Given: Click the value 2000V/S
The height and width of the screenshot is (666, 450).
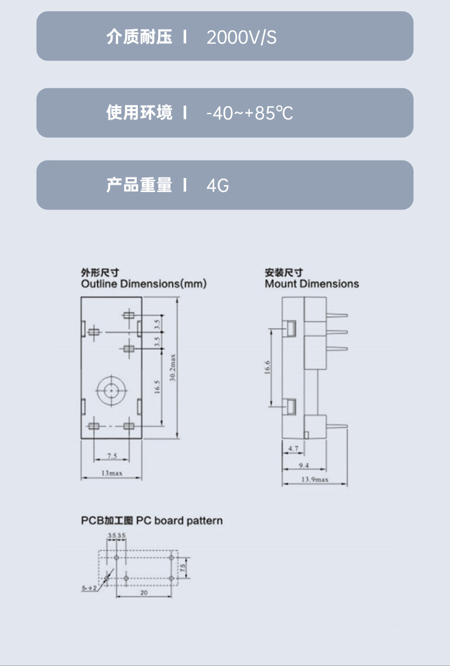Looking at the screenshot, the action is (x=241, y=38).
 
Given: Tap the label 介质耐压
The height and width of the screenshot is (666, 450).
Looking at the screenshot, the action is (x=139, y=38).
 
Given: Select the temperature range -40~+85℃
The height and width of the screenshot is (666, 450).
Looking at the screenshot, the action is (x=250, y=113).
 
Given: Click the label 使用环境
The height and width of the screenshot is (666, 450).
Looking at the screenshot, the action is (x=139, y=112).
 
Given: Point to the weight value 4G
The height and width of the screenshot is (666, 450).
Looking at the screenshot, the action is (x=218, y=185).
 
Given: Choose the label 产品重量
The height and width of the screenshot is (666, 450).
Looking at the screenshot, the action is (x=139, y=185).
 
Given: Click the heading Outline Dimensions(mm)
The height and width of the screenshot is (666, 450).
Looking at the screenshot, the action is (x=143, y=284).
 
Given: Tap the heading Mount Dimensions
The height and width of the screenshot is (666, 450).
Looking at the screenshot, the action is (x=312, y=284).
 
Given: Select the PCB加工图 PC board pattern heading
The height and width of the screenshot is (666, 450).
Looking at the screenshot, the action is (x=151, y=521).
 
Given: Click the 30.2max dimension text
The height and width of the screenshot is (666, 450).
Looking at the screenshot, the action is (x=173, y=368).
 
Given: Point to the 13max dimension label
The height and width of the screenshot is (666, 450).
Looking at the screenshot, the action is (x=111, y=473).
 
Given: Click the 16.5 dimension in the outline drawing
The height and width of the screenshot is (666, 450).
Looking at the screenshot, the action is (x=157, y=387).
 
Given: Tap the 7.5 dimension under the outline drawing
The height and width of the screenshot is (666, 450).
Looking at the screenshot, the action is (x=112, y=456).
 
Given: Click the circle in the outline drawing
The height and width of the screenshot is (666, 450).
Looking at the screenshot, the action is (x=111, y=389).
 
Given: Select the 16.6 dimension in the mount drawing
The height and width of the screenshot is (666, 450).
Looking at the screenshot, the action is (x=268, y=366).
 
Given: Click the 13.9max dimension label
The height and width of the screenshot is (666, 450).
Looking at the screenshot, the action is (x=315, y=480).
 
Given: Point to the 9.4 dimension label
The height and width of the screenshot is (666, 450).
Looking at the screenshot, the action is (x=304, y=465).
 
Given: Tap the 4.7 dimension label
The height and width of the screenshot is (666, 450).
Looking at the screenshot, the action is (x=293, y=449).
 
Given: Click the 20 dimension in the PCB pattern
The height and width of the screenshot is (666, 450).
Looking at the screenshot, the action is (x=144, y=592).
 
